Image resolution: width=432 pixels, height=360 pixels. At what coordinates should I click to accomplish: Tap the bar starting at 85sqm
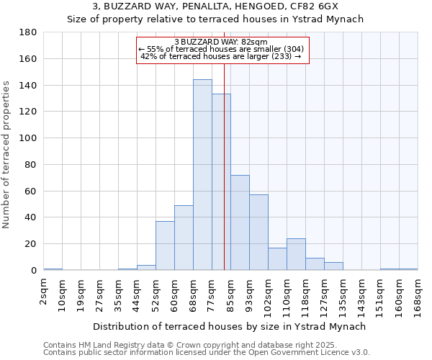point(240,222)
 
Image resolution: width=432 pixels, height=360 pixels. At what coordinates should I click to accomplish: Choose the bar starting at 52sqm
point(165,246)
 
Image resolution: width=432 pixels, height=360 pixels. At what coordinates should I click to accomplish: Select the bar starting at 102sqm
point(277,259)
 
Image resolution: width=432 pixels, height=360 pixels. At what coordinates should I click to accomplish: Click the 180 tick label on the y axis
point(28,32)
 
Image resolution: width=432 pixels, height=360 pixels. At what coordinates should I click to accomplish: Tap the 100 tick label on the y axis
point(28,138)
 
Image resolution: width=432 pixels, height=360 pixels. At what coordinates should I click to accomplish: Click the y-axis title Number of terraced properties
point(7,155)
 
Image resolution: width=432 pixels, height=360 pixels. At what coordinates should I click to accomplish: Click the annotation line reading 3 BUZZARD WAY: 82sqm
point(221,42)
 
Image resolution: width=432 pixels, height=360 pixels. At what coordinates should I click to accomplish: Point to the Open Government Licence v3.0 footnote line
point(206,353)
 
